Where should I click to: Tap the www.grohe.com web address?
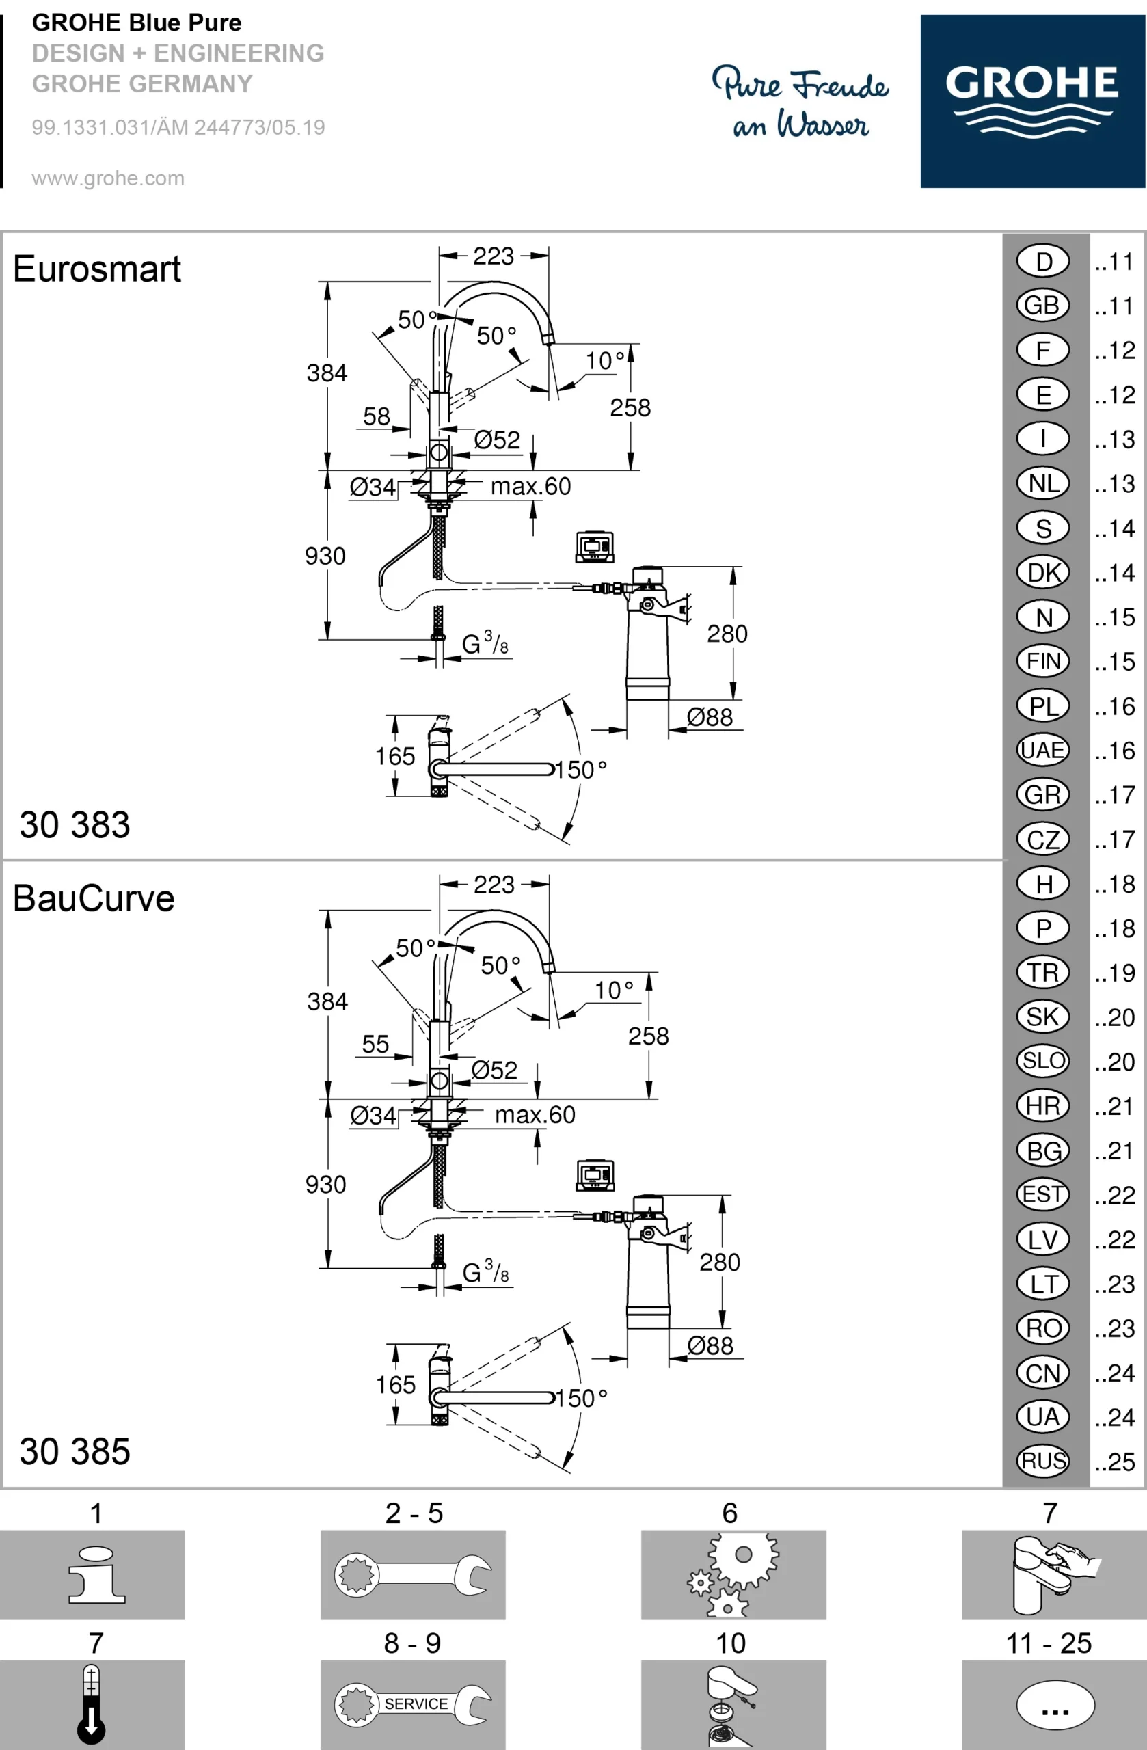[108, 178]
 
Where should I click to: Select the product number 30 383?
[75, 824]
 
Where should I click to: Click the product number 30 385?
[75, 1451]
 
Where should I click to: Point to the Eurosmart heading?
[96, 269]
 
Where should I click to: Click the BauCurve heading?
[94, 898]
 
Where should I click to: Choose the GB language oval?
[1042, 305]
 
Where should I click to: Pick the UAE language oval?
[1042, 750]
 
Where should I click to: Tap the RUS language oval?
[1042, 1461]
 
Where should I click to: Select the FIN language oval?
[1042, 661]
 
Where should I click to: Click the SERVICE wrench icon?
[414, 1704]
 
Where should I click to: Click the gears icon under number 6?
[732, 1574]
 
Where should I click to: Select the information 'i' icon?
[96, 1574]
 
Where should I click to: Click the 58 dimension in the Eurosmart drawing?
[377, 417]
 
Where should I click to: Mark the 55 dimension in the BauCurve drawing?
[376, 1044]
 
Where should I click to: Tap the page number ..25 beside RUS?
[1115, 1462]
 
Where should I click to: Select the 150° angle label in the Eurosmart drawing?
[581, 770]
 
